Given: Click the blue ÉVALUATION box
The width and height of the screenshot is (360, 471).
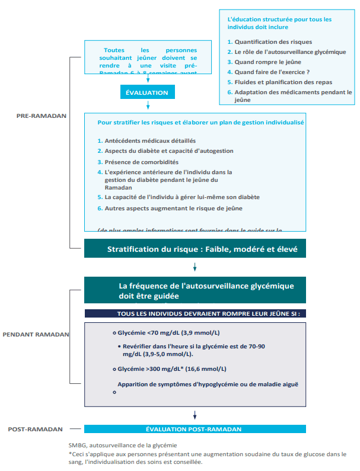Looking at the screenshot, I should pos(147,92).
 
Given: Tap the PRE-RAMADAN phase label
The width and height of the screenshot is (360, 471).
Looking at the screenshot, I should pos(42,116).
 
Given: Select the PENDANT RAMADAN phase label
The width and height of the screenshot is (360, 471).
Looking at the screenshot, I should pos(36,334).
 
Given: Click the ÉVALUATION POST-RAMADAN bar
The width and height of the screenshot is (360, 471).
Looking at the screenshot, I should pos(195,429).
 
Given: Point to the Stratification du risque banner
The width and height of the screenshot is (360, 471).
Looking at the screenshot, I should pos(195,249).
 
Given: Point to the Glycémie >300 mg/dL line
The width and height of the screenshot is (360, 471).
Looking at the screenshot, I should pos(168,369).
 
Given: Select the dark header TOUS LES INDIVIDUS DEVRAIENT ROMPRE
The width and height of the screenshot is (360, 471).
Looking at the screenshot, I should pos(195,313).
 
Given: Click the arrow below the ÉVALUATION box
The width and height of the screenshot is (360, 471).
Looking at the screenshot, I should pos(147,105).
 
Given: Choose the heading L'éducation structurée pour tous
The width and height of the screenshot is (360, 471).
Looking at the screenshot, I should pos(279,23).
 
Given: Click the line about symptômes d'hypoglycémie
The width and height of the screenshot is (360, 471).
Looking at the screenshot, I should pos(207,384).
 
